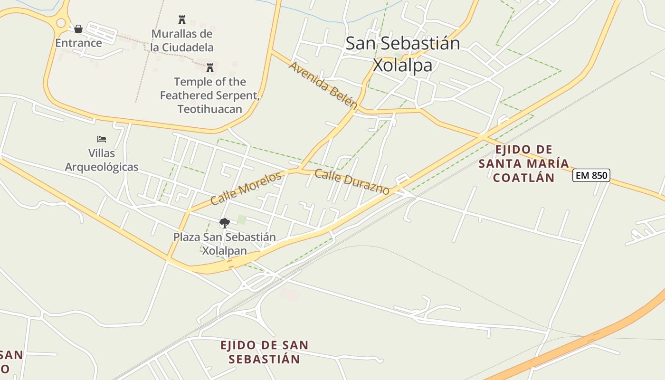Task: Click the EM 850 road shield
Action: [x=591, y=175]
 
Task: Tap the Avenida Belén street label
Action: [x=323, y=85]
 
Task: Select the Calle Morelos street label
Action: [x=246, y=189]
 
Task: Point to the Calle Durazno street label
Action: [x=352, y=181]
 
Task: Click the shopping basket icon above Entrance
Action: [x=78, y=29]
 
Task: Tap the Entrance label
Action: [x=78, y=43]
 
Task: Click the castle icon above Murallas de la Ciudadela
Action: [x=181, y=19]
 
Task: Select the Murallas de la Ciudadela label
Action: [x=182, y=40]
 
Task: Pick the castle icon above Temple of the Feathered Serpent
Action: [x=210, y=67]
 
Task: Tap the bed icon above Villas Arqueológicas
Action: [x=102, y=139]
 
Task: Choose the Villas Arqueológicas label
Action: [x=102, y=160]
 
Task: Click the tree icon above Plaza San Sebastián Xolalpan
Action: [x=224, y=223]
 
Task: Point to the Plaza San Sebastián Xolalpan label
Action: [x=224, y=243]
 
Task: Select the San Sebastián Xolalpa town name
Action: [x=403, y=54]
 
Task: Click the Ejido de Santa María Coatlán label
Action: [x=523, y=164]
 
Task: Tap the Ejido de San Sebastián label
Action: [x=264, y=352]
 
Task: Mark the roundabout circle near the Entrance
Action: [x=61, y=22]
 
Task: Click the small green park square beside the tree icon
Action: [x=242, y=219]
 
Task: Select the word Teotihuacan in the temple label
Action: [x=210, y=109]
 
